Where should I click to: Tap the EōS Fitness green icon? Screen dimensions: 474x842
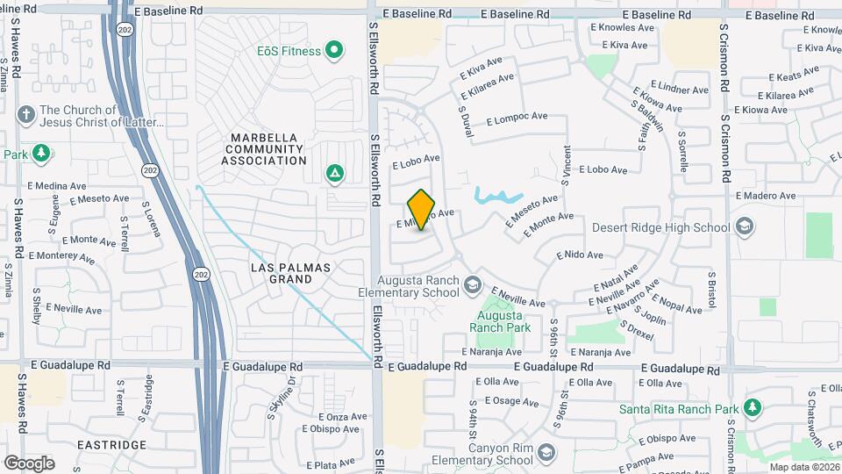[333, 51]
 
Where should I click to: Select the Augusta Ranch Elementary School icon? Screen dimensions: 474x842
[473, 284]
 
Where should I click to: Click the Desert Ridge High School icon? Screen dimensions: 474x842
[745, 228]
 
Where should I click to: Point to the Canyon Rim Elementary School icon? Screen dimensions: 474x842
[546, 453]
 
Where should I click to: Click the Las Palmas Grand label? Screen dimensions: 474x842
[281, 273]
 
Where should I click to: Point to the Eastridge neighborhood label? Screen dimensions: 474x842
[111, 445]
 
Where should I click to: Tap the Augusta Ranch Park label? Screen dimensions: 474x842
[500, 321]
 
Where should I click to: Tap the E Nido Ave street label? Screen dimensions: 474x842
[580, 255]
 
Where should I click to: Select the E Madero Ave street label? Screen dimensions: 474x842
[764, 195]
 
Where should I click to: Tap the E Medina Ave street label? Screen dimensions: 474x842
[57, 185]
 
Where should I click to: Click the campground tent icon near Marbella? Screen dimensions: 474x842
[334, 173]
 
